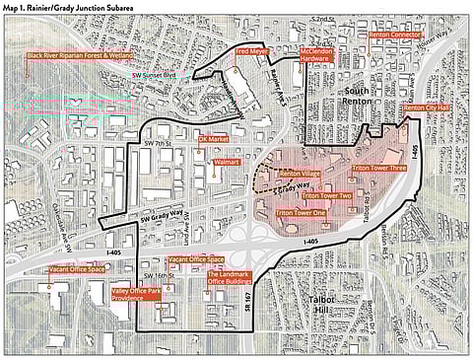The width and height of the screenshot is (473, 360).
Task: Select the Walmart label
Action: pyautogui.click(x=227, y=160)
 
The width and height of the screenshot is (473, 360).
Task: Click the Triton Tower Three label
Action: pyautogui.click(x=378, y=169)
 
